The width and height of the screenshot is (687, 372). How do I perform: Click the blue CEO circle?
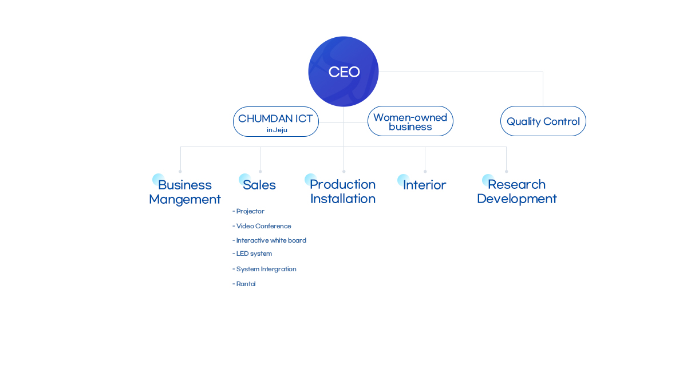click(343, 72)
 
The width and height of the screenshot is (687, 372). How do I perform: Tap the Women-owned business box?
click(410, 121)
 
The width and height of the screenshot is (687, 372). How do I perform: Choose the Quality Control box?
click(543, 121)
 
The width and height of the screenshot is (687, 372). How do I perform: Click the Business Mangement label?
click(185, 192)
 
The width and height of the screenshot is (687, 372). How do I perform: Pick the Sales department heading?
click(259, 185)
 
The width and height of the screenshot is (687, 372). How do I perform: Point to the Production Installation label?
click(342, 191)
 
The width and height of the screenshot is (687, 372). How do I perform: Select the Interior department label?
click(424, 185)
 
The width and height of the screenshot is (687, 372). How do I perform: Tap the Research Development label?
click(516, 191)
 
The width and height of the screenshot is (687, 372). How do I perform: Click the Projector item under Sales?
click(250, 211)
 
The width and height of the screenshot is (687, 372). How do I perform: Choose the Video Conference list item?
click(263, 226)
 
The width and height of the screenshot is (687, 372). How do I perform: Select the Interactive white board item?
click(270, 240)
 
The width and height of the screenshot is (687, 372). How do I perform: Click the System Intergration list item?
click(266, 269)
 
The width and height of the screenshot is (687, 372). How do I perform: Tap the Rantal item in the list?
click(246, 284)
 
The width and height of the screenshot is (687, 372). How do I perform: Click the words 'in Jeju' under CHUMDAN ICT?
click(277, 130)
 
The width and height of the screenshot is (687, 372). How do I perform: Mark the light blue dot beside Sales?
click(244, 179)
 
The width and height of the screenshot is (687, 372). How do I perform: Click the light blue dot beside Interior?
click(403, 180)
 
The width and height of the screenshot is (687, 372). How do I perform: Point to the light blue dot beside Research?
click(488, 180)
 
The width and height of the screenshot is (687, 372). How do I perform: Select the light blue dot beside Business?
click(158, 179)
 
